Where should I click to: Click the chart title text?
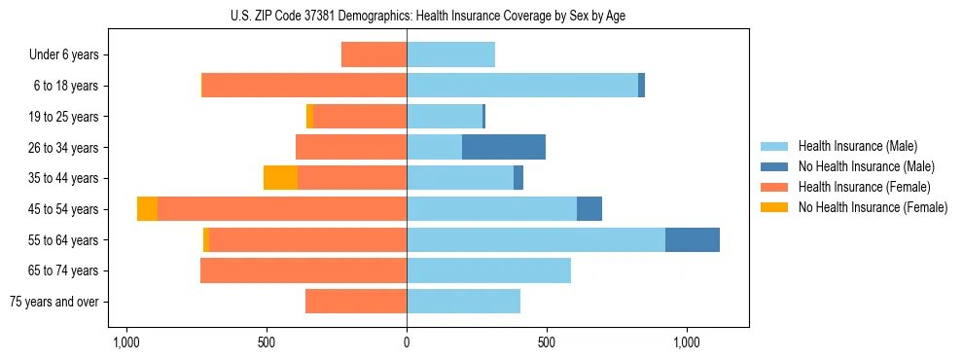[407, 16]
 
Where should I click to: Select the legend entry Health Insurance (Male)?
[856, 146]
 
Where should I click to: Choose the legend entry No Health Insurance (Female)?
[873, 207]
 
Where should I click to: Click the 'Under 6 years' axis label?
[64, 54]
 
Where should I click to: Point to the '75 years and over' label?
[54, 302]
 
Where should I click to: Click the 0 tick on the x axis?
[407, 342]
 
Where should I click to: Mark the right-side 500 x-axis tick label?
[547, 342]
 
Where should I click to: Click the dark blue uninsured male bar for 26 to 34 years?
[504, 147]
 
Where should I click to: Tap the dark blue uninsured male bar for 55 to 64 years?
[693, 239]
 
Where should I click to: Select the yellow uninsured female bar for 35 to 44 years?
[280, 178]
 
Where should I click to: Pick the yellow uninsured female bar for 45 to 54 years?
[147, 209]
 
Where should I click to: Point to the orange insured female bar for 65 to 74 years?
[303, 270]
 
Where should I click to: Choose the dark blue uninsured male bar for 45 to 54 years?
[589, 209]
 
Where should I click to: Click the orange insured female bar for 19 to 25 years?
[360, 117]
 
